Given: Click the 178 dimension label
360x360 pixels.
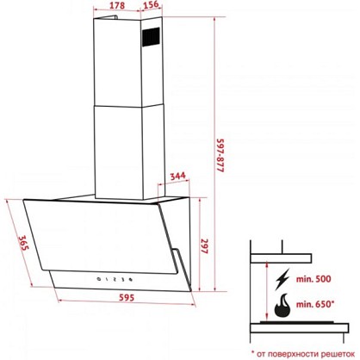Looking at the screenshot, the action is click(117, 5).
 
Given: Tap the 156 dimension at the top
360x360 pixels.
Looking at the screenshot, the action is click(150, 4).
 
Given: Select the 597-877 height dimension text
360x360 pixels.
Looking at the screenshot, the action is click(220, 155).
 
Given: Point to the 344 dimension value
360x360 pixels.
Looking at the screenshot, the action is click(177, 176).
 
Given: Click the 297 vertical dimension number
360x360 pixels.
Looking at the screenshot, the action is click(204, 246).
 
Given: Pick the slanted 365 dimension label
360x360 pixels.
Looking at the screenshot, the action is click(23, 243).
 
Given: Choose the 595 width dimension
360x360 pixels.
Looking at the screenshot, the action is click(127, 297).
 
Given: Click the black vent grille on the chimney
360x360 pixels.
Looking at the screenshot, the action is click(151, 36).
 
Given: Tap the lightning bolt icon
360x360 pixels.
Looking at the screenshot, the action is click(282, 279).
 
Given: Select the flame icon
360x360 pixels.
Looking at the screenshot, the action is click(282, 305).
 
